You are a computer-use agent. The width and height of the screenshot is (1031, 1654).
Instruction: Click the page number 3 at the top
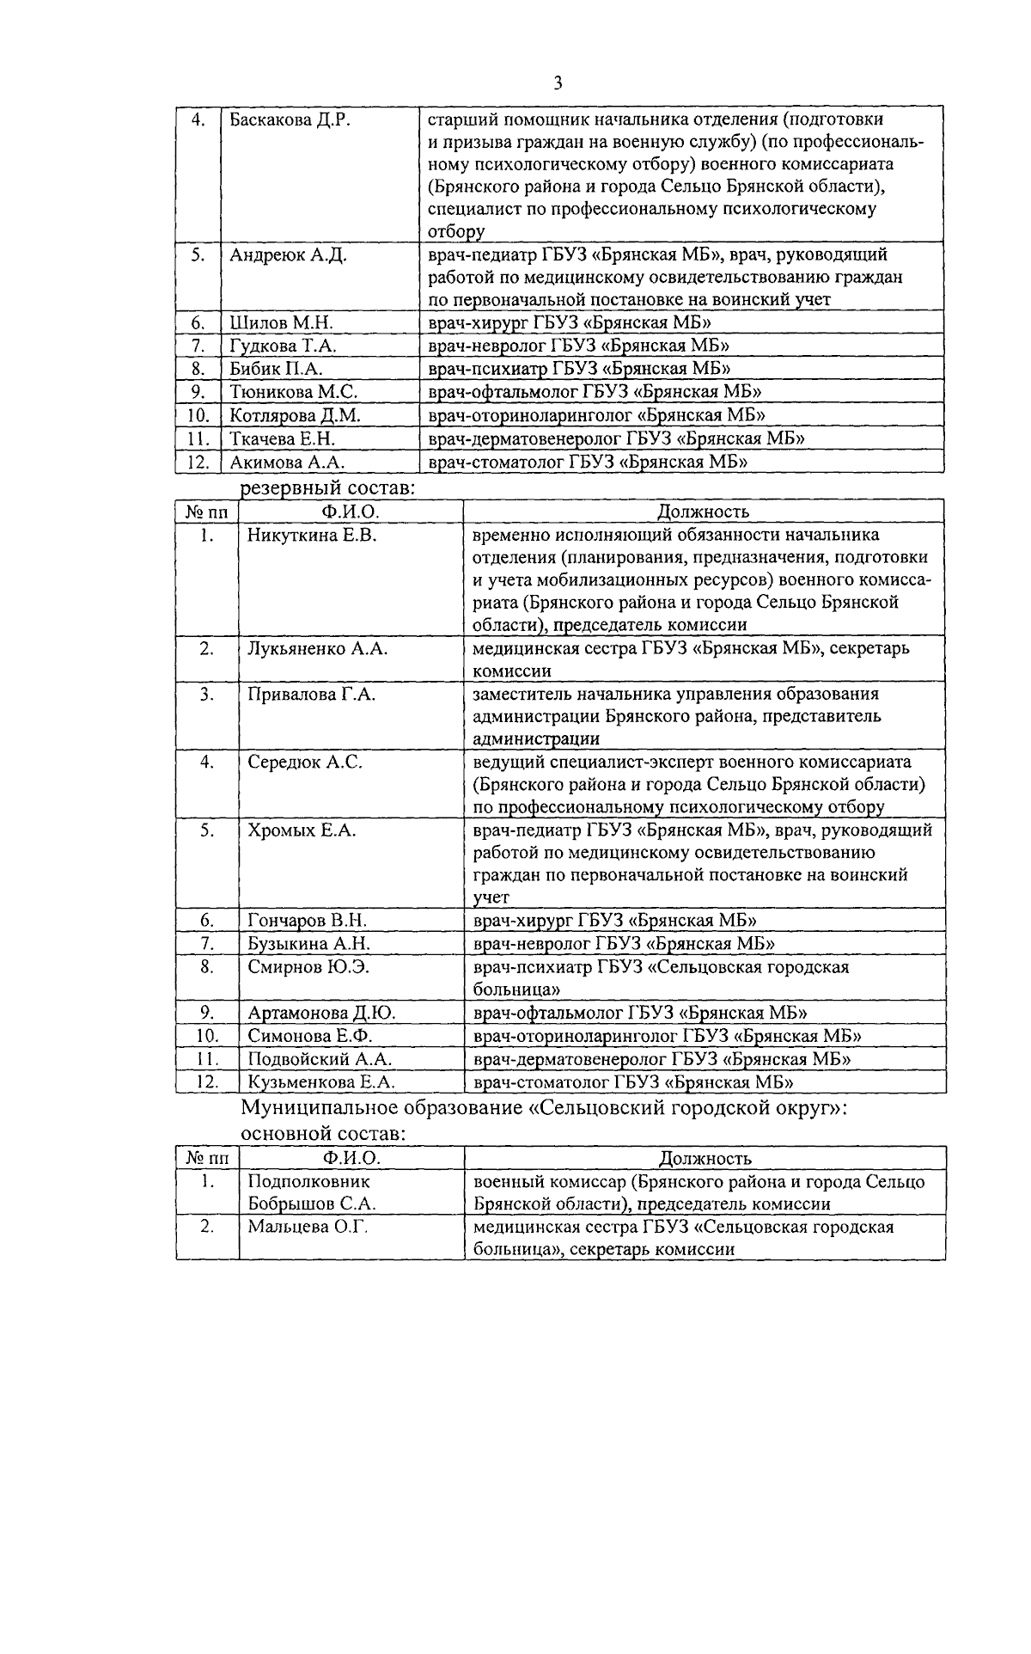click(558, 83)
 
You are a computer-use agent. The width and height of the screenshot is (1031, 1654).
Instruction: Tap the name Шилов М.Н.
click(281, 322)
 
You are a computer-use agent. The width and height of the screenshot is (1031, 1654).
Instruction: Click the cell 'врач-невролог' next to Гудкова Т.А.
click(578, 346)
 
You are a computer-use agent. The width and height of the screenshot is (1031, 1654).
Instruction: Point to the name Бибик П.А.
click(276, 369)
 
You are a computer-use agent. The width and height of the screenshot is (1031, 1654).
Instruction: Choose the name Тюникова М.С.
click(293, 392)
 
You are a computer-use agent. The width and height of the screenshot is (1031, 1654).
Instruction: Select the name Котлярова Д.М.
click(295, 415)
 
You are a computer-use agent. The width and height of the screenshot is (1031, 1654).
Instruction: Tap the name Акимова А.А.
click(287, 462)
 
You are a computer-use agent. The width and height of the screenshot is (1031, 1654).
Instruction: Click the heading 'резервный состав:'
click(327, 488)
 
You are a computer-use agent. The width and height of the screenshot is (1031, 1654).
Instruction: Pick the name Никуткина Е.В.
click(313, 536)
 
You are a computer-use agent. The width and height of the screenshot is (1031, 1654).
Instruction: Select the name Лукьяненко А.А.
click(317, 648)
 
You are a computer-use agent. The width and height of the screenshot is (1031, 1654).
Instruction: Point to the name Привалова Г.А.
click(311, 694)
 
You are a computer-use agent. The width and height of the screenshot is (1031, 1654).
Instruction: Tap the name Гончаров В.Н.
click(307, 921)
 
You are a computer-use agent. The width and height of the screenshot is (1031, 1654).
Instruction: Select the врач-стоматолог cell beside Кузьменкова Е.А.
click(632, 1082)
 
